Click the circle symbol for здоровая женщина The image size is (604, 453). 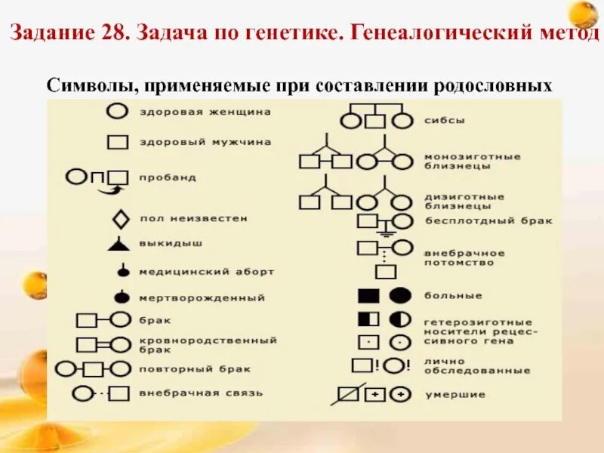point(116,112)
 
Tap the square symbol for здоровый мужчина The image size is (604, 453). point(116,142)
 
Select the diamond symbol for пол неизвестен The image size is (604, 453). point(120,220)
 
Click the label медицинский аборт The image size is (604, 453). point(206,270)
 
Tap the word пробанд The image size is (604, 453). point(167,177)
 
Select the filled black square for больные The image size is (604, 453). point(368,295)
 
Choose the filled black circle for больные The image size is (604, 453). point(400,295)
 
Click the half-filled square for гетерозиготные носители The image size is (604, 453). point(368,319)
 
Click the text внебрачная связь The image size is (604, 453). point(190,393)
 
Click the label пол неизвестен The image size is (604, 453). point(193,218)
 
